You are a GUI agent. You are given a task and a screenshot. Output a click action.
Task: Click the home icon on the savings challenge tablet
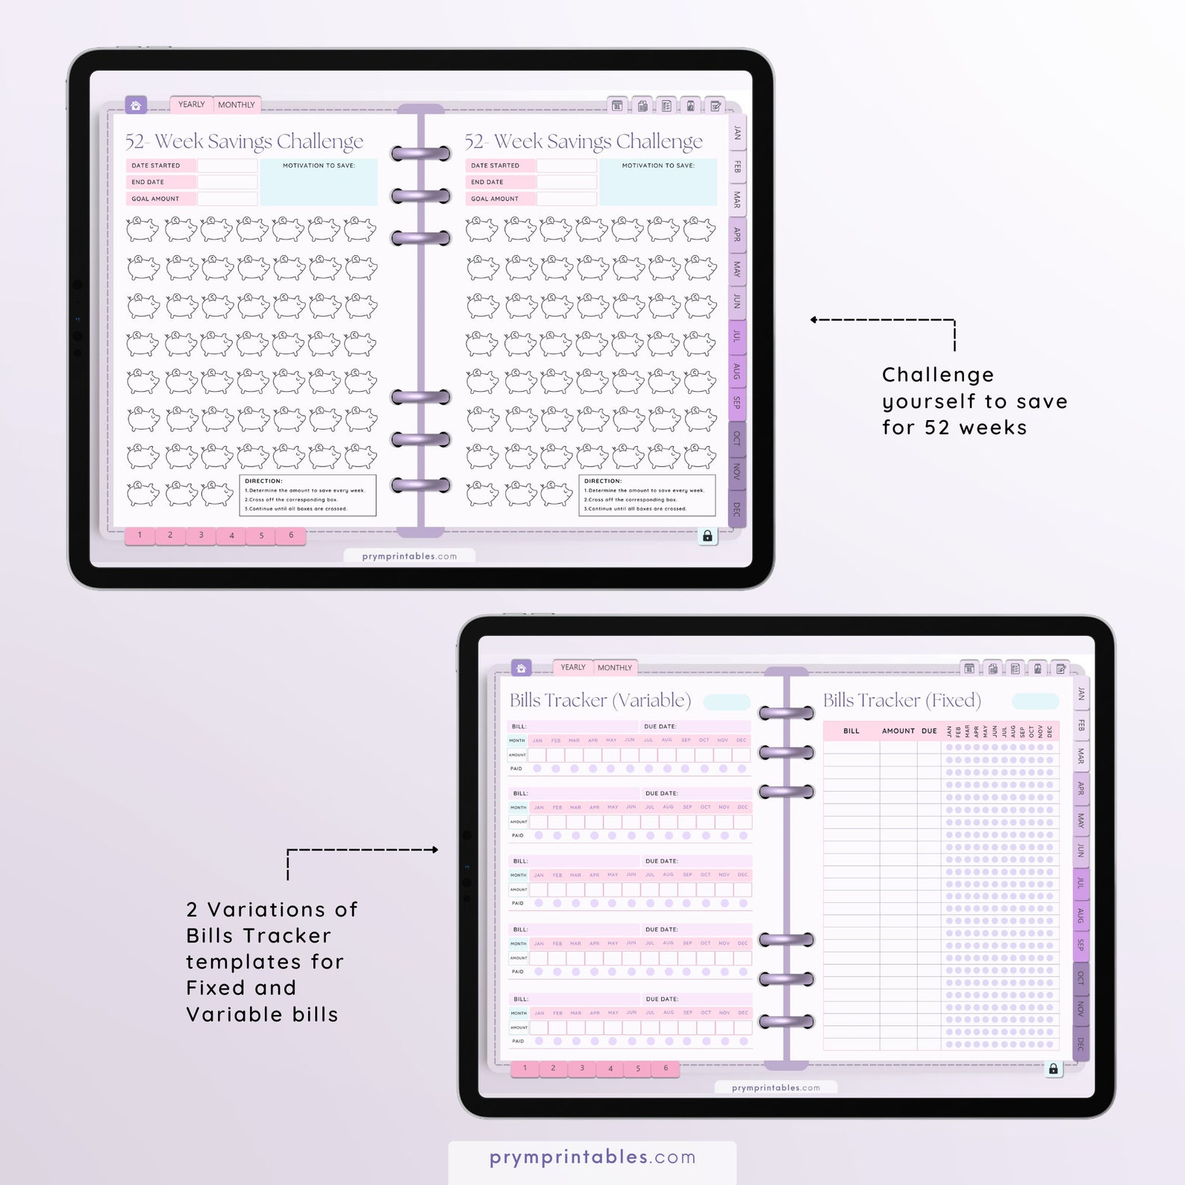[136, 105]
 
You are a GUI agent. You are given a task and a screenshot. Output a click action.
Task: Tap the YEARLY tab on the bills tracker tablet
[573, 667]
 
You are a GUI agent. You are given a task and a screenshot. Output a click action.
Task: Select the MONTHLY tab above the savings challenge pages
[236, 105]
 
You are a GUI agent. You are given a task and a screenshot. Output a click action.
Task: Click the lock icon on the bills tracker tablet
[1053, 1069]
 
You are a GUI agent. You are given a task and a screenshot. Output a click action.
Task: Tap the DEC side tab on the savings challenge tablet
[737, 509]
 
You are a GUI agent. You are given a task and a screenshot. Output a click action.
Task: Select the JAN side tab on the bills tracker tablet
[1081, 694]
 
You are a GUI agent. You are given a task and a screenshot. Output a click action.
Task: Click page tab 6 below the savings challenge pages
[291, 535]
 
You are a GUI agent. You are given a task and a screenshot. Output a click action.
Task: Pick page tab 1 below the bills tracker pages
[525, 1069]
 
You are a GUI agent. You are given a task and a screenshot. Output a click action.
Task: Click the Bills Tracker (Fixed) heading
[901, 700]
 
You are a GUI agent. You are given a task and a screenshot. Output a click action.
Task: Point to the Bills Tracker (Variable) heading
[600, 700]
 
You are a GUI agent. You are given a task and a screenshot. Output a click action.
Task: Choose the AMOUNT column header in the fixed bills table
[898, 731]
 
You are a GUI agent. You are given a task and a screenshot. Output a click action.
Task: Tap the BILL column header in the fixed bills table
[851, 731]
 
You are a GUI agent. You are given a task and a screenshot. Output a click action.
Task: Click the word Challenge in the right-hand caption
[937, 375]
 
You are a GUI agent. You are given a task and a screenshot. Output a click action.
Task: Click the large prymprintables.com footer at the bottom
[592, 1157]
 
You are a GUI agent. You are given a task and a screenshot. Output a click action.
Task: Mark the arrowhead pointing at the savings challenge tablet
[814, 320]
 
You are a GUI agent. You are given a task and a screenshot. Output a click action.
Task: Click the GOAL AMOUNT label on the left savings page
[155, 199]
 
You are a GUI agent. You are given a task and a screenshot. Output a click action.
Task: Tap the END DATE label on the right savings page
[487, 182]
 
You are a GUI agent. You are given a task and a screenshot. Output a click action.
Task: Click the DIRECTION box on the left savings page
[307, 495]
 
